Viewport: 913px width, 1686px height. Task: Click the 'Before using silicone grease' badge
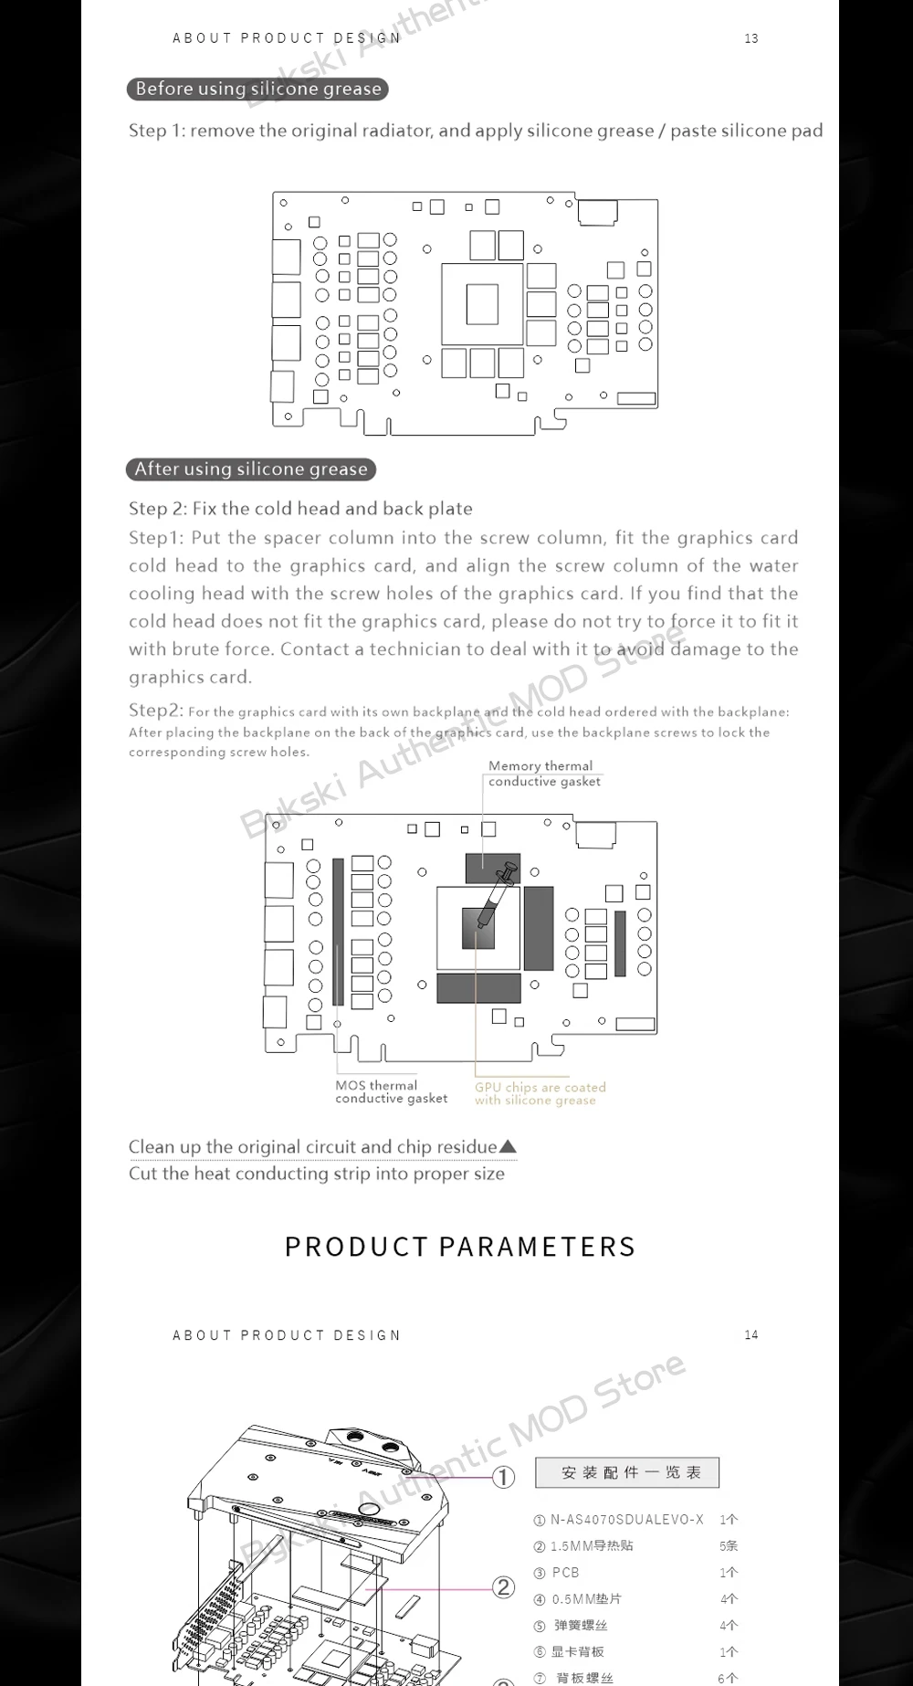[x=257, y=89]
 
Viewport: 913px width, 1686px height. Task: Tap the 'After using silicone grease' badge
[x=251, y=469]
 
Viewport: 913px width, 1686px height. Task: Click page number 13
[x=751, y=38]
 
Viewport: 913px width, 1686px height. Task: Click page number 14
[x=751, y=1334]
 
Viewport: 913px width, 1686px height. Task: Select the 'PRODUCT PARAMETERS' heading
[x=460, y=1247]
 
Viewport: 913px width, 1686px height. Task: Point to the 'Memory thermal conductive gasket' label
[x=544, y=774]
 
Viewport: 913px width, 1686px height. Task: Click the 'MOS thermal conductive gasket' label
[x=391, y=1091]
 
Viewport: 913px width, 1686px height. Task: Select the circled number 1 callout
[x=504, y=1477]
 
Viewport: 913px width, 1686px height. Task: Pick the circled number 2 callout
[x=504, y=1586]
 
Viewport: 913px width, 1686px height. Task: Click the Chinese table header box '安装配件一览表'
[x=627, y=1472]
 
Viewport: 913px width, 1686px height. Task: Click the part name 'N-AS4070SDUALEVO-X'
[x=626, y=1520]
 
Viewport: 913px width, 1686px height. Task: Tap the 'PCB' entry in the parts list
[x=565, y=1573]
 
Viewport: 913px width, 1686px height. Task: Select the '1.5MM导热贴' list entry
[x=592, y=1546]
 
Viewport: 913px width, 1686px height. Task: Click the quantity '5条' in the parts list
[x=729, y=1546]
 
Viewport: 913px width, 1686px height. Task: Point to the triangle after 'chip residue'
[x=509, y=1146]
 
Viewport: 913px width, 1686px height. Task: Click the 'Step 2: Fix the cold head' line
[x=300, y=508]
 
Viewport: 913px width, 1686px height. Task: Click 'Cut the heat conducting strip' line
[x=316, y=1174]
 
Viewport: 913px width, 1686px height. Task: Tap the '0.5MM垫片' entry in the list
[x=586, y=1599]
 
